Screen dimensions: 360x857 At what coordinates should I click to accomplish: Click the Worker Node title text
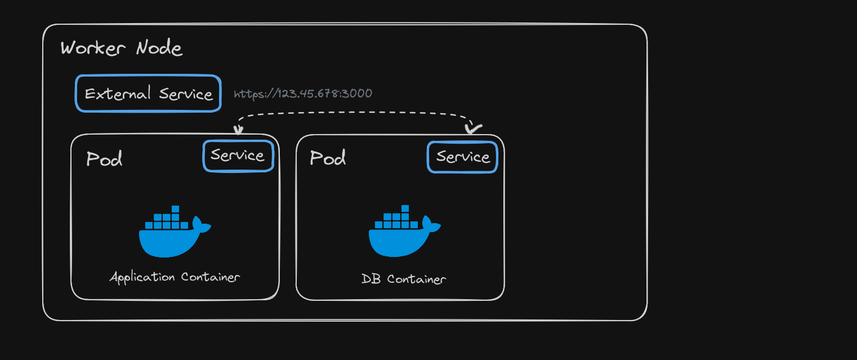pos(121,48)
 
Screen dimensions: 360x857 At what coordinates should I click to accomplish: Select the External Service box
pos(148,94)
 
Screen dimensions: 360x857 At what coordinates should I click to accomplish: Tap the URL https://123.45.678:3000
pos(303,94)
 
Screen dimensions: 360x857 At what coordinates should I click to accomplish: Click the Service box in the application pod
pos(238,155)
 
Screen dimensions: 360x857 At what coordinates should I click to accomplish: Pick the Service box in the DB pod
pos(462,157)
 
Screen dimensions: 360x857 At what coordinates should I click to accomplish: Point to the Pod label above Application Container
pos(104,159)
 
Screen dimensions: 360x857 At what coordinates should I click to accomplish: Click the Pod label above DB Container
pos(328,158)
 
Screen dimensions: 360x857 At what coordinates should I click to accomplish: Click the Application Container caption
pos(175,277)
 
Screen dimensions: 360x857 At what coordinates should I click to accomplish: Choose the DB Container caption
pos(404,279)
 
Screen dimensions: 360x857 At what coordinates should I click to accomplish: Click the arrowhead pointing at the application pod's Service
pos(238,130)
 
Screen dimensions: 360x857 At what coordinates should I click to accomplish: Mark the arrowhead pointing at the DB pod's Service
pos(472,130)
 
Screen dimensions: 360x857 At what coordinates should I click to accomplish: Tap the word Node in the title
pos(159,48)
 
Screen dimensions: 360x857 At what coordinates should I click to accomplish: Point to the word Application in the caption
pos(143,277)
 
